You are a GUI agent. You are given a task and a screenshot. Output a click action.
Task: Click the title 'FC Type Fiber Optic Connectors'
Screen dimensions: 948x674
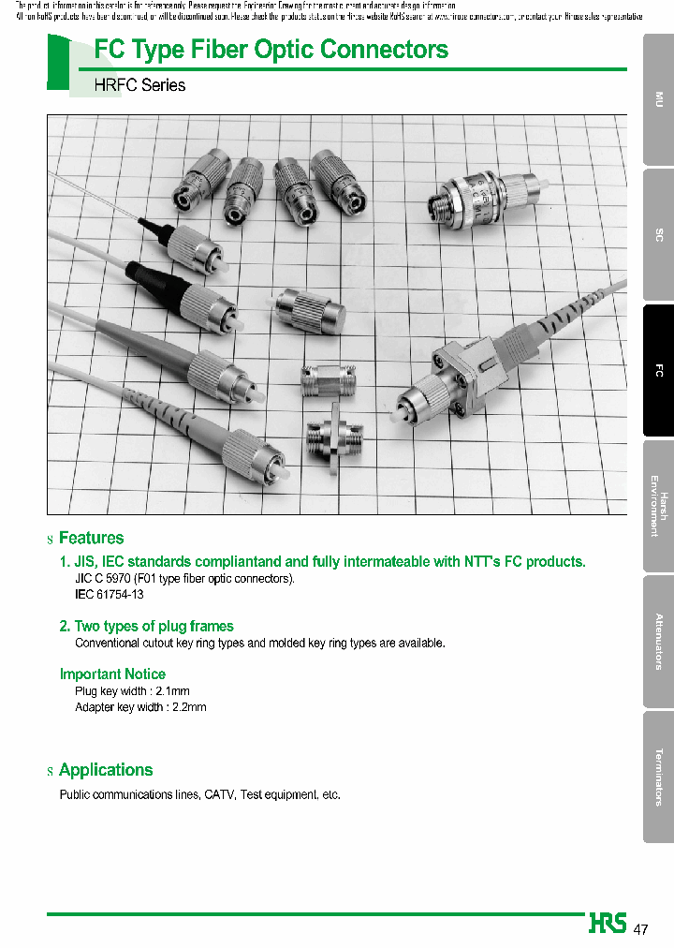click(271, 49)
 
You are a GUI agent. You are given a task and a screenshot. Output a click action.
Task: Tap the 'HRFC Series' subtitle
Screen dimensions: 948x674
click(139, 85)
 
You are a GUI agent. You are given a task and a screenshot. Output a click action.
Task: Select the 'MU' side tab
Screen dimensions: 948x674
click(658, 99)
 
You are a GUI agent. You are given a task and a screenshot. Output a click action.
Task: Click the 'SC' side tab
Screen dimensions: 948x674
click(658, 235)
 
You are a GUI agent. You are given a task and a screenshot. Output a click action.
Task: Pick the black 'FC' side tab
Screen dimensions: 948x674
click(658, 371)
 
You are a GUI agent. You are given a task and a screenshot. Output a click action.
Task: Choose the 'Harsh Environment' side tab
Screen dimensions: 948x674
click(658, 506)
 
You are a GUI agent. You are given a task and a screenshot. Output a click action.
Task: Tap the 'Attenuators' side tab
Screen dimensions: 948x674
click(658, 641)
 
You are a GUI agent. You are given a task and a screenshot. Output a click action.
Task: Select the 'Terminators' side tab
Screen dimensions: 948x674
click(658, 777)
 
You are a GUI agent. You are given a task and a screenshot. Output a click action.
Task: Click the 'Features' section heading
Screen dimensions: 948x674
click(91, 538)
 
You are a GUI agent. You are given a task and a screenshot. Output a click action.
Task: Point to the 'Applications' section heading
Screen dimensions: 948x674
click(106, 770)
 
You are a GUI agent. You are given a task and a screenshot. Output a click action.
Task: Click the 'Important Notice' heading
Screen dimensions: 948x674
click(112, 674)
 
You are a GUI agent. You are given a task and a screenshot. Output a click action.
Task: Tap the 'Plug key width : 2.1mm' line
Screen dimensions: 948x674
click(132, 691)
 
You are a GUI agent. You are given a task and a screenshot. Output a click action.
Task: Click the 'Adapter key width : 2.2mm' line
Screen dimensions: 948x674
click(140, 707)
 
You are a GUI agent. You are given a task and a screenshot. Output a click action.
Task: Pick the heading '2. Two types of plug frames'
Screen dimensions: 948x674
click(147, 626)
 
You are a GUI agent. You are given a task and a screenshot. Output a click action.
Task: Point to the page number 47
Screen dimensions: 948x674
click(641, 929)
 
